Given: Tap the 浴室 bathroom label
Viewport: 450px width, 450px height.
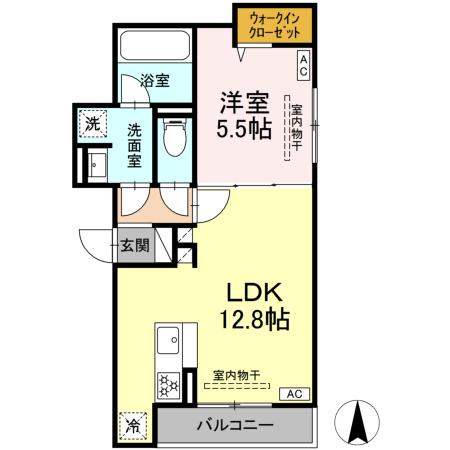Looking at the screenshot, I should click(154, 79).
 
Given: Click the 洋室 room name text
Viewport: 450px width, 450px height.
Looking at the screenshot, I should click(244, 102).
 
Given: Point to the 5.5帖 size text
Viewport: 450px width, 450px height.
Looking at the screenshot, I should click(244, 130).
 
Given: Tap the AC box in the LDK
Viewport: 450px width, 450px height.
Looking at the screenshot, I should click(295, 394).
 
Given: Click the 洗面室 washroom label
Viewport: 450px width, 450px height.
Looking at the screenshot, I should click(135, 146).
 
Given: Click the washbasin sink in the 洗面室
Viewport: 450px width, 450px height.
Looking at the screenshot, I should click(96, 166).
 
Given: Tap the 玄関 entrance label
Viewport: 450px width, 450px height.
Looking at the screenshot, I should click(136, 245).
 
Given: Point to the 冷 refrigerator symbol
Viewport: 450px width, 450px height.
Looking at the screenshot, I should click(133, 424).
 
